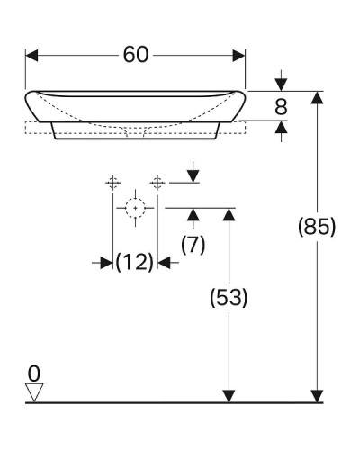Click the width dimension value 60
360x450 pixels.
[x=135, y=55]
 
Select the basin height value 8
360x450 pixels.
[x=281, y=107]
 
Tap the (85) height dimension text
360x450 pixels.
[x=317, y=227]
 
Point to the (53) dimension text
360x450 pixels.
[x=227, y=296]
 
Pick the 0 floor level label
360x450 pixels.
[x=34, y=372]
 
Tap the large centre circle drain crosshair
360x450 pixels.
[x=135, y=208]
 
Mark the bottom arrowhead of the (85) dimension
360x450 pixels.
[x=317, y=395]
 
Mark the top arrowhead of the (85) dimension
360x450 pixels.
[x=317, y=97]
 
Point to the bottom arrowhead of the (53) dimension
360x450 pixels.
[x=228, y=395]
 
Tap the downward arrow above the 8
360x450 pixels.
[x=281, y=84]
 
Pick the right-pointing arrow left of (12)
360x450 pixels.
[x=106, y=262]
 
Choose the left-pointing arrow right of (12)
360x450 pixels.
[x=165, y=262]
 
